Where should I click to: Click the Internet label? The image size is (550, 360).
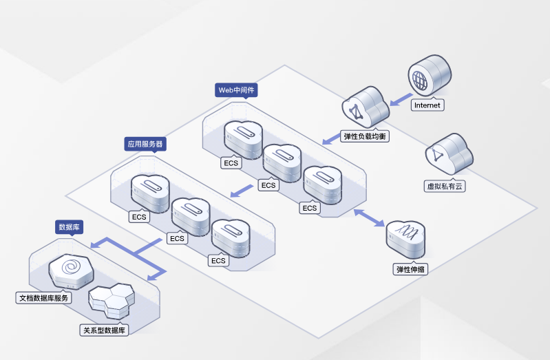427,105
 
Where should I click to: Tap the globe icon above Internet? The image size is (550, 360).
428,77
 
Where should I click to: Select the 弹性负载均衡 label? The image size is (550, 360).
366,136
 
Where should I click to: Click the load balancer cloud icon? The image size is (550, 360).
364,107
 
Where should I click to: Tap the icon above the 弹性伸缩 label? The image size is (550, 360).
407,238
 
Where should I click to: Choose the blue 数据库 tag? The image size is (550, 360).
70,226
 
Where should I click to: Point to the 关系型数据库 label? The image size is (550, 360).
104,330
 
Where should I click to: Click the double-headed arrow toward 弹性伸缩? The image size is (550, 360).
368,217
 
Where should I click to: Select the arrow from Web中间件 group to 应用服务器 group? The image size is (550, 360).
240,190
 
